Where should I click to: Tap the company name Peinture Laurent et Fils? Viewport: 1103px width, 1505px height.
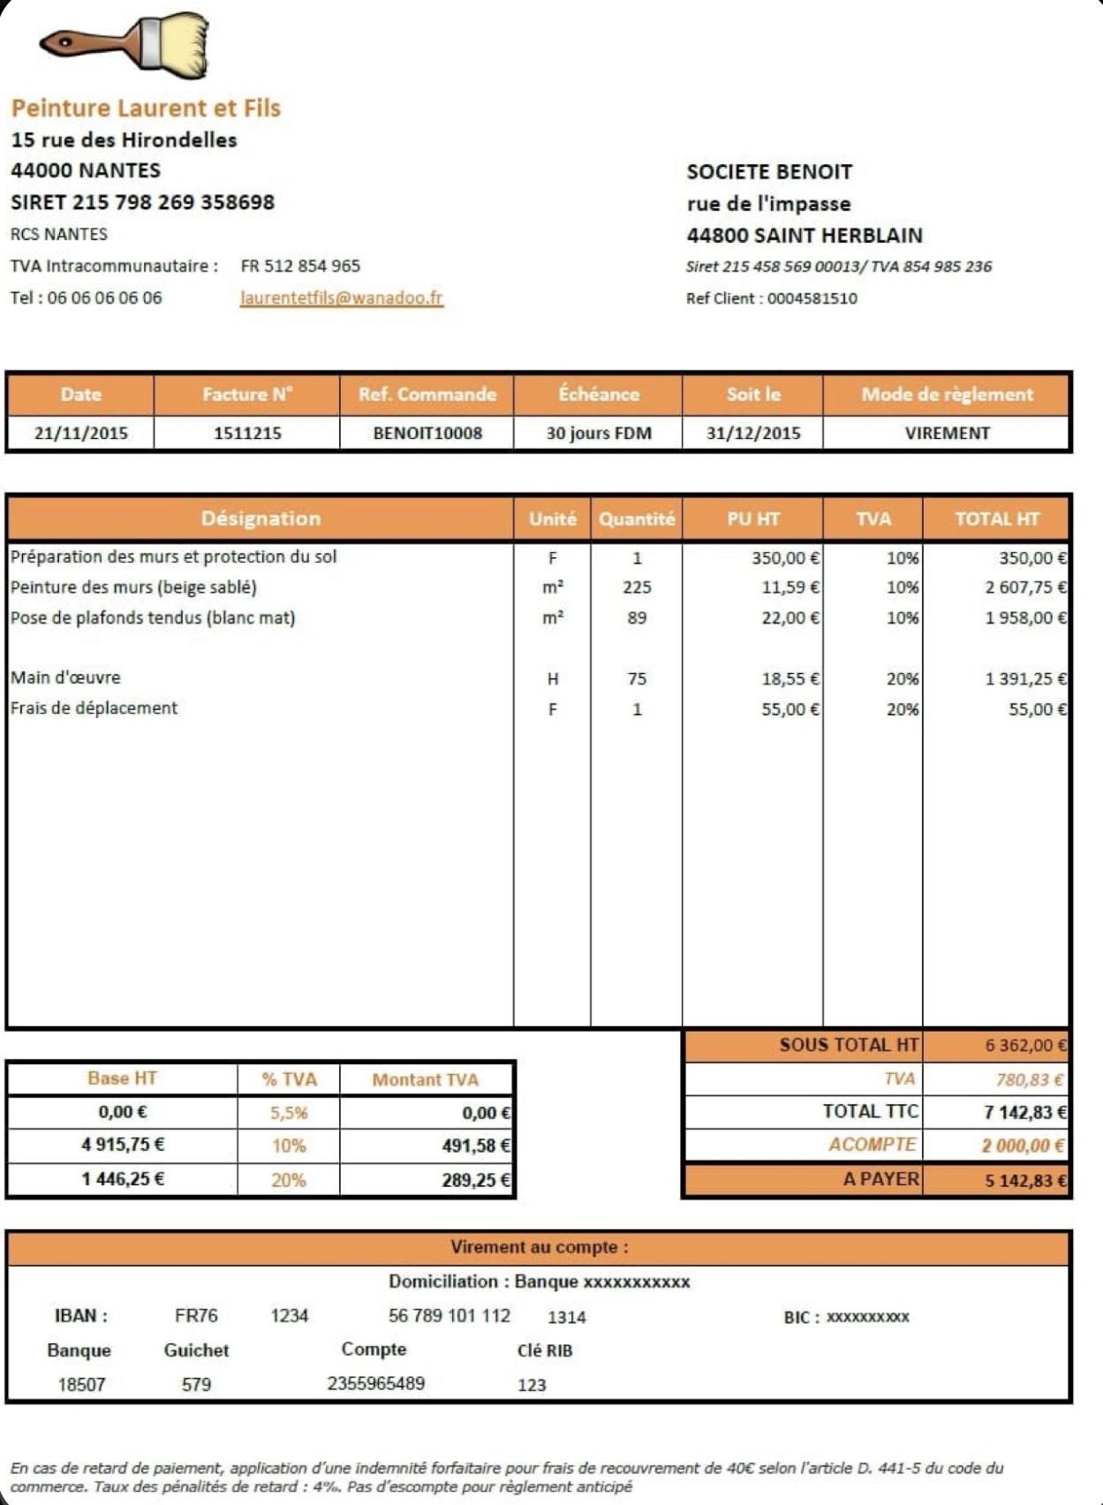(146, 109)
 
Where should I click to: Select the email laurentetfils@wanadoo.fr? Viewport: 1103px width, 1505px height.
(341, 298)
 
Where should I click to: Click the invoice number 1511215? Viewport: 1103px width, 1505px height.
(247, 434)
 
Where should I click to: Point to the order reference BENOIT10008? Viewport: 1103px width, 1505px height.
(427, 434)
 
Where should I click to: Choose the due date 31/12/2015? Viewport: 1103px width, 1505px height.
(753, 434)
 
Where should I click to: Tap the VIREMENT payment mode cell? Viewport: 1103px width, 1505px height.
(947, 434)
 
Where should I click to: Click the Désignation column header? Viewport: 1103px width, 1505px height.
(261, 518)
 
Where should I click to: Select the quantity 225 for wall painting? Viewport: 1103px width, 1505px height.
(637, 587)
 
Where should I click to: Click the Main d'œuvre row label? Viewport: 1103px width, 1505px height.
(65, 678)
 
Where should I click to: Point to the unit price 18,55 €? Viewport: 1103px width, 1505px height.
(789, 679)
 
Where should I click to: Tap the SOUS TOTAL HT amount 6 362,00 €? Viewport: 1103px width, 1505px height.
(1025, 1046)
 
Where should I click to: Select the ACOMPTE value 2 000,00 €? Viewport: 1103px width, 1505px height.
(1023, 1146)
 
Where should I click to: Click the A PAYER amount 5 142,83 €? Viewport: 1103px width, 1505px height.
(1025, 1181)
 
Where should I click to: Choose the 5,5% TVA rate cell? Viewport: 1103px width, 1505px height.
(289, 1113)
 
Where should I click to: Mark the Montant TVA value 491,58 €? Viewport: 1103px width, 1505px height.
(476, 1146)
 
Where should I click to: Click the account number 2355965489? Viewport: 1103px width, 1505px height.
(376, 1383)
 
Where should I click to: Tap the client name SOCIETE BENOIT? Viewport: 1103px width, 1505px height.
(769, 172)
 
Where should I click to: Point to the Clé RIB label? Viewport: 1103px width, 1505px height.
(545, 1350)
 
